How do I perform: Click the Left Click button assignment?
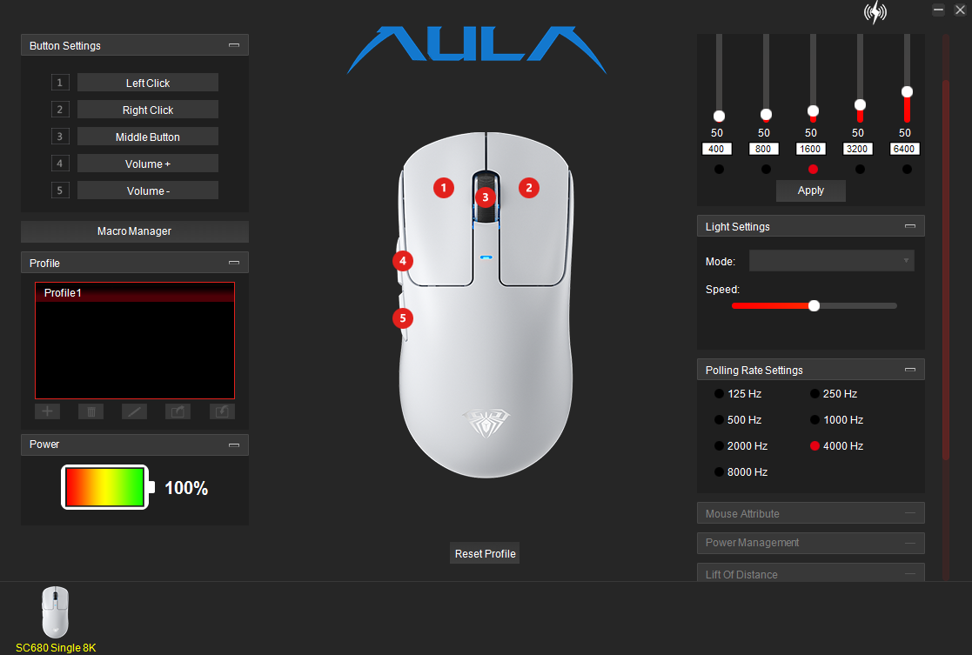click(x=148, y=83)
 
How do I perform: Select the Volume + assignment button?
click(x=148, y=164)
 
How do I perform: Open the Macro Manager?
click(x=135, y=231)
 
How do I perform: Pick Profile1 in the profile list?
click(x=135, y=293)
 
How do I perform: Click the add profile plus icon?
click(x=47, y=411)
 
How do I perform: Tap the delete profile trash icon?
click(x=91, y=411)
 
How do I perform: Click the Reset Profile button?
click(x=485, y=553)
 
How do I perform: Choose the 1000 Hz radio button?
click(x=814, y=420)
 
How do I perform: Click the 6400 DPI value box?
click(x=904, y=149)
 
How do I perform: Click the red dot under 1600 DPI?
click(x=813, y=169)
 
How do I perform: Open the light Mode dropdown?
click(x=831, y=261)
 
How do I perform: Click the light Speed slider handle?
click(x=814, y=305)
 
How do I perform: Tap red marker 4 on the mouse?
click(x=403, y=261)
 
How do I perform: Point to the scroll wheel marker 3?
click(x=486, y=197)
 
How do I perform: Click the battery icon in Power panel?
click(x=107, y=487)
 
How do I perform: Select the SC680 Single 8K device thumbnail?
click(x=55, y=612)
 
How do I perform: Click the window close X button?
click(x=960, y=10)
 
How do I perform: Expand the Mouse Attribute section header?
click(x=811, y=513)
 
